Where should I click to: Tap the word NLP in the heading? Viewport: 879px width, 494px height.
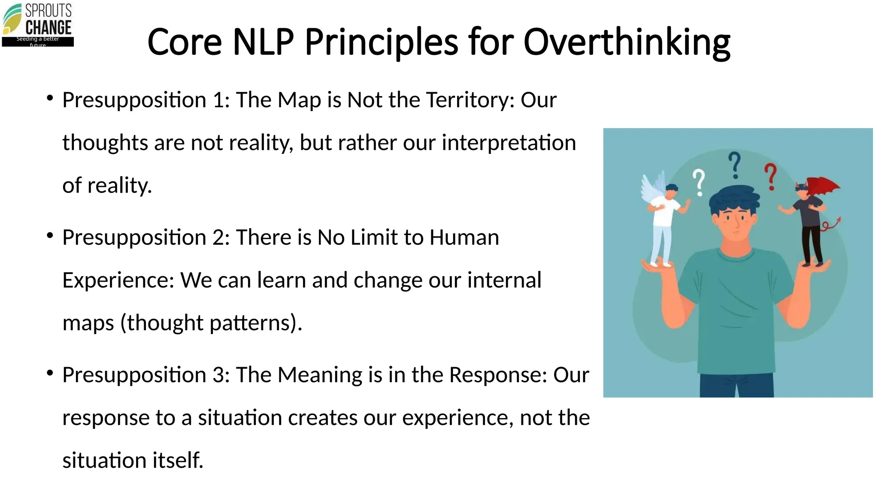point(263,42)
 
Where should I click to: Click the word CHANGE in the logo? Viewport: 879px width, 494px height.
point(48,27)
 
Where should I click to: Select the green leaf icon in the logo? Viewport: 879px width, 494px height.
point(12,19)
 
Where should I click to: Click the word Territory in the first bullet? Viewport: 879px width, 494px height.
point(470,100)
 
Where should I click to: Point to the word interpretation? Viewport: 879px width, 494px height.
point(509,143)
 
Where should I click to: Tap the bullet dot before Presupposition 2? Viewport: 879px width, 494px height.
point(50,235)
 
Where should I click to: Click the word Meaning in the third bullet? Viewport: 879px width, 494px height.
point(320,375)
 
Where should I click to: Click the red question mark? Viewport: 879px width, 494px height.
point(771,176)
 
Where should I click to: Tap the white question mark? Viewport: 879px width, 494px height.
point(699,182)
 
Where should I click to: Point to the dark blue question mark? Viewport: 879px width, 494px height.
point(735,165)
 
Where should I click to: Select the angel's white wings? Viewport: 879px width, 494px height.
point(652,189)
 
